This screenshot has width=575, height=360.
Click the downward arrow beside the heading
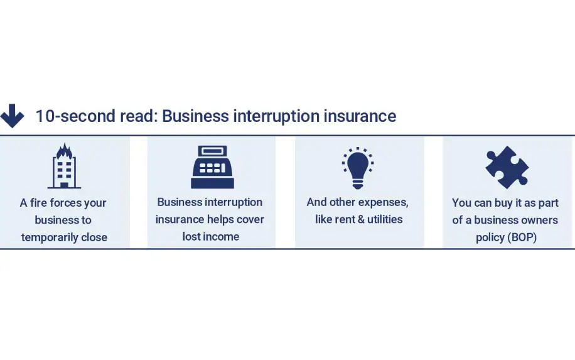coord(12,116)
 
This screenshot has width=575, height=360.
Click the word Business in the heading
coord(195,116)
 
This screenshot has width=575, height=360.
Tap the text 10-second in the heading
coord(75,116)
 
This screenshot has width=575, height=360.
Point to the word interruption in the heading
coord(276,117)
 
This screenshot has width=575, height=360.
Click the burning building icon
coord(64,165)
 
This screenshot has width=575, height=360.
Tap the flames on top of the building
coord(64,150)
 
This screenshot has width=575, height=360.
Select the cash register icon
coord(212,167)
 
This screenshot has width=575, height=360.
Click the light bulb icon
coord(358,168)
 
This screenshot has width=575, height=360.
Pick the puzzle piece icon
coord(507,167)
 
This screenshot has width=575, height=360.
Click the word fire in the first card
coord(38,202)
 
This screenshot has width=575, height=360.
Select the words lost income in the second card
coord(211,236)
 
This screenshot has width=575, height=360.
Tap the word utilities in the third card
coord(385,219)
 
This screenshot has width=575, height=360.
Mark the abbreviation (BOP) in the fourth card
coord(522,237)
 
